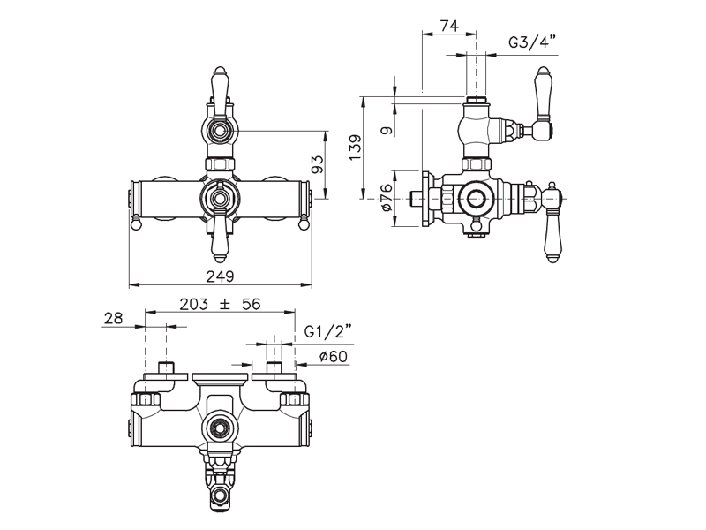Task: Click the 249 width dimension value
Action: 220,276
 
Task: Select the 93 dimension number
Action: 318,164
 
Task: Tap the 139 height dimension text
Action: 356,148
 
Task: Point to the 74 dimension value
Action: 449,26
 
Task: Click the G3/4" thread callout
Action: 533,42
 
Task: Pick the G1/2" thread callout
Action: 327,332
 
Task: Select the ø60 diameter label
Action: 334,357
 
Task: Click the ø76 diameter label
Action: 387,198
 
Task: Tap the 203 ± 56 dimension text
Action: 220,304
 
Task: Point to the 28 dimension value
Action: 114,318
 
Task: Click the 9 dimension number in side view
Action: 387,131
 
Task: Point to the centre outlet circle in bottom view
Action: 220,426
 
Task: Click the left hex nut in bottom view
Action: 146,399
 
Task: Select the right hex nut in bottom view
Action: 295,399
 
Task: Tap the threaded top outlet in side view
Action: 476,100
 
